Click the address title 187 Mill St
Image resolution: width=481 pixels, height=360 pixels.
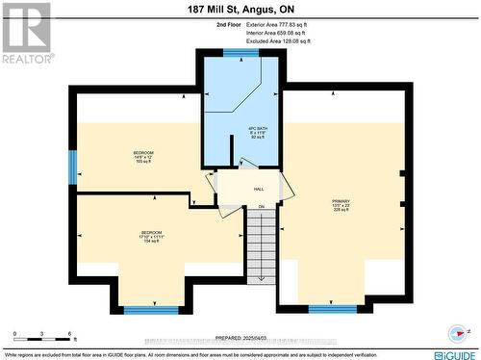pos(240,9)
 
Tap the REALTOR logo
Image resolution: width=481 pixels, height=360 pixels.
pos(25,33)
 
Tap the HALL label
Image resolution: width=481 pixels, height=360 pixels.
pos(259,190)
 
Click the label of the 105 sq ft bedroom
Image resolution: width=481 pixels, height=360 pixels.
pos(142,157)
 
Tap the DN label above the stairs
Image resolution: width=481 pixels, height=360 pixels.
pos(261,206)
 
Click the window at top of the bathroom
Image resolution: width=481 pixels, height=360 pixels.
pos(240,53)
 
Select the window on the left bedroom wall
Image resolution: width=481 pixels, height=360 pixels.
pos(72,167)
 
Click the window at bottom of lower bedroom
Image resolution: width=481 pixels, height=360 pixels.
pos(151,310)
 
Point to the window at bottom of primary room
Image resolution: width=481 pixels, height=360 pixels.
pos(332,309)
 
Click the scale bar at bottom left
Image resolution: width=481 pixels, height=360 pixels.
pos(43,336)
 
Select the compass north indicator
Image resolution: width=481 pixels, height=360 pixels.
pos(458,334)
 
